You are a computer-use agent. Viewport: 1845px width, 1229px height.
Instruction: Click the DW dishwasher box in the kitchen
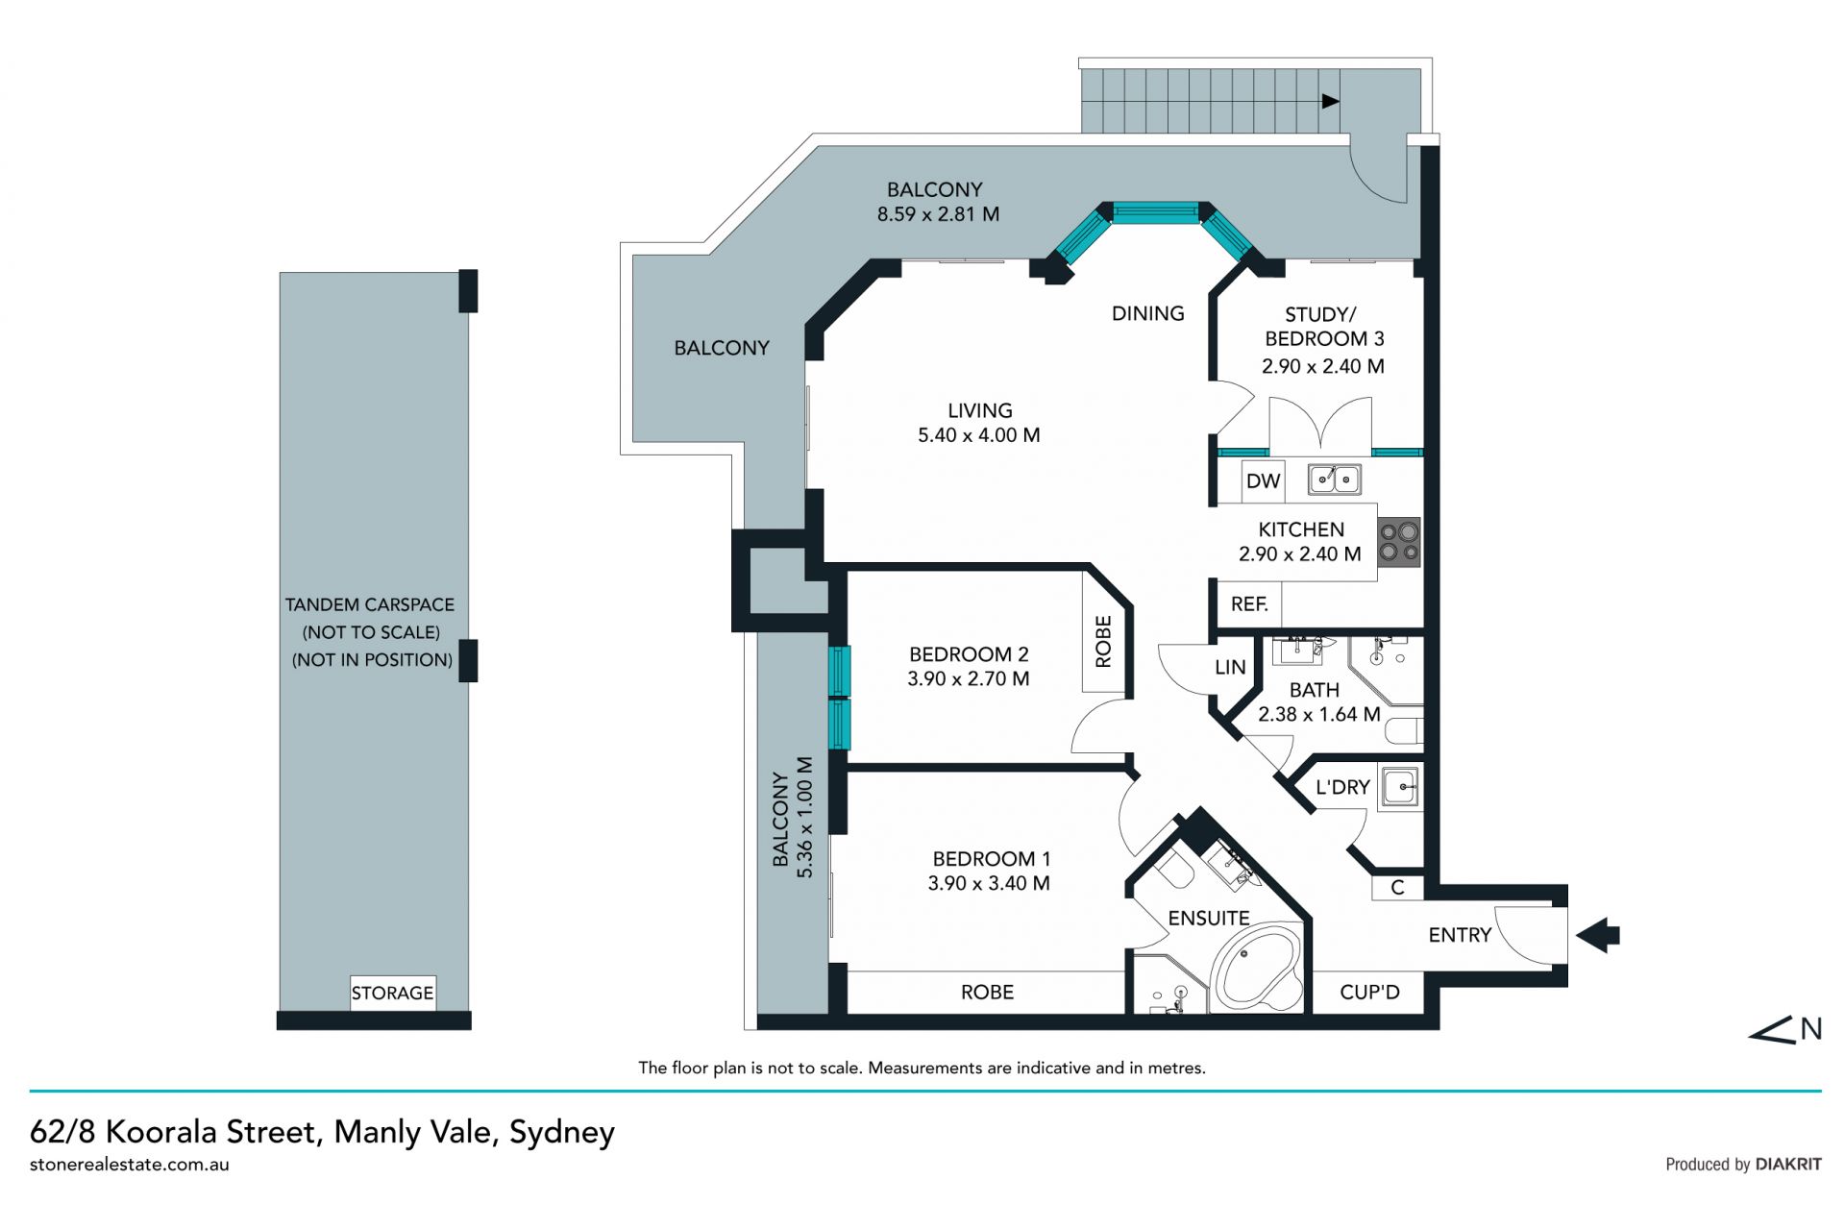(1263, 480)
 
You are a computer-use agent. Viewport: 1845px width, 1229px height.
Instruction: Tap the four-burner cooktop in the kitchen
(1399, 542)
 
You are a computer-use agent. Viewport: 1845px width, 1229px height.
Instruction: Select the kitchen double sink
(1334, 478)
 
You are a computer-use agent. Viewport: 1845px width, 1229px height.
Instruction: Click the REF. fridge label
(1249, 604)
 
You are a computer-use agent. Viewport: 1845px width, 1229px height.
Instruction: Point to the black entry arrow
(1598, 934)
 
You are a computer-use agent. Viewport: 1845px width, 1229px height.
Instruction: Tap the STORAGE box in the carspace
(392, 993)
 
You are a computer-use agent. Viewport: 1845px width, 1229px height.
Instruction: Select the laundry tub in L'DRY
(1400, 788)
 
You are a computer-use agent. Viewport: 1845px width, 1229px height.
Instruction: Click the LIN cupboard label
(1230, 667)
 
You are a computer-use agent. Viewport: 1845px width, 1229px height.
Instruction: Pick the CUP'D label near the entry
(1369, 992)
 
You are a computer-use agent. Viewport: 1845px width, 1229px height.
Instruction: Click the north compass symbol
(1784, 1030)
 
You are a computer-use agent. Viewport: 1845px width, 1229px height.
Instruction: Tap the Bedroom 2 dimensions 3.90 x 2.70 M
(969, 678)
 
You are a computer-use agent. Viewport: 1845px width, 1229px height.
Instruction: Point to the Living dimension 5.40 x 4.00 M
(979, 435)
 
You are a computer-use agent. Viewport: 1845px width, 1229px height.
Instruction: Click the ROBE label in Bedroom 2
(1103, 642)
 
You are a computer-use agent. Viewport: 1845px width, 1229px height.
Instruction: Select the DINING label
(1147, 313)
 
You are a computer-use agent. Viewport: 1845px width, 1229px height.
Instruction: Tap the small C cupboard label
(1397, 888)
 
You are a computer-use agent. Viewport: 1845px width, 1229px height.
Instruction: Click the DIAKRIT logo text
(1788, 1165)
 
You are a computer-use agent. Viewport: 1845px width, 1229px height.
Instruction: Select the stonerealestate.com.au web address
(130, 1165)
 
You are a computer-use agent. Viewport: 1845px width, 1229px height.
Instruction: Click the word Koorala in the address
(161, 1132)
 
